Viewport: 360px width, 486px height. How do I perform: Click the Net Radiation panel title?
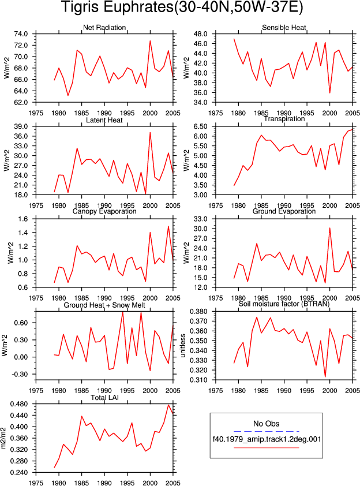point(104,28)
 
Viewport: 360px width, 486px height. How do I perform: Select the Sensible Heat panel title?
point(284,28)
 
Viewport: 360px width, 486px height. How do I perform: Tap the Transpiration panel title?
point(284,119)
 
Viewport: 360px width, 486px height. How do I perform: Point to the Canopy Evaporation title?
point(104,211)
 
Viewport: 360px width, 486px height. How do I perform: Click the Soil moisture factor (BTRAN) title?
point(284,304)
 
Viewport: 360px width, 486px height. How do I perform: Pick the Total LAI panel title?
point(105,398)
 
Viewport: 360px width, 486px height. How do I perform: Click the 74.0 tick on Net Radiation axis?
point(21,34)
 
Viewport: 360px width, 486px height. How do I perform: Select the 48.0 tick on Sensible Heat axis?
point(200,34)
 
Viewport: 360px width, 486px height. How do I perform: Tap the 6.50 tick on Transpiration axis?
point(200,126)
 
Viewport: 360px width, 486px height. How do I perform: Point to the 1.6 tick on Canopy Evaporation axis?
point(22,219)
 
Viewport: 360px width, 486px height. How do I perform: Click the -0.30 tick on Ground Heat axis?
point(19,374)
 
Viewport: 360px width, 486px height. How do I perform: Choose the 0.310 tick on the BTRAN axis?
point(198,380)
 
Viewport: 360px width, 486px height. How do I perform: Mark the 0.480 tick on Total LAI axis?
point(19,404)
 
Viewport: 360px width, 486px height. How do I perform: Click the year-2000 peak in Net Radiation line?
point(150,41)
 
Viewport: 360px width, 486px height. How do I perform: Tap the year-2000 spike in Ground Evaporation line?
point(329,228)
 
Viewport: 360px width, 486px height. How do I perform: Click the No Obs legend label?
point(267,424)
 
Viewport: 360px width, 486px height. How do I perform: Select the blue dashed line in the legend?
point(267,431)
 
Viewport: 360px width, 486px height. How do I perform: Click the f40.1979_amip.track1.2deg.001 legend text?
point(267,439)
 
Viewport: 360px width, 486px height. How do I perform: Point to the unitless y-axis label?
point(183,346)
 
